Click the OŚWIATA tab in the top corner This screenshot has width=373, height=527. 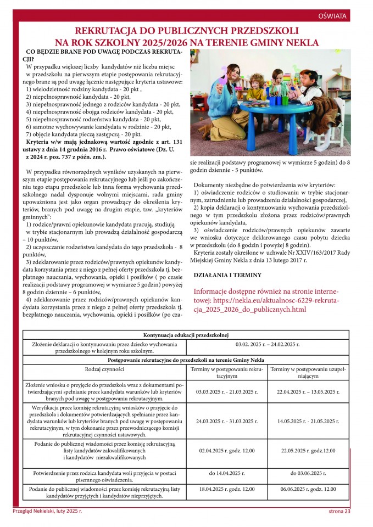pyautogui.click(x=332, y=16)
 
